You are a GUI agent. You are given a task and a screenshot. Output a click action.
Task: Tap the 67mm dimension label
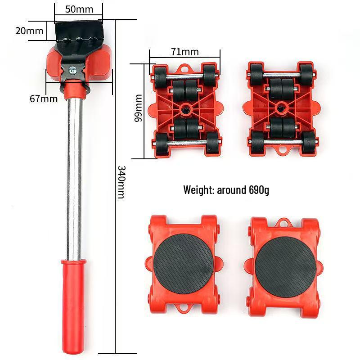(44, 99)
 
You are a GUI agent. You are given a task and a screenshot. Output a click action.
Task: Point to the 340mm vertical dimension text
(122, 182)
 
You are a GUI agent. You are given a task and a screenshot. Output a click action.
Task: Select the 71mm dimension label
(184, 51)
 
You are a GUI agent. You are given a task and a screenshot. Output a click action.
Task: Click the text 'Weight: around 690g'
(226, 189)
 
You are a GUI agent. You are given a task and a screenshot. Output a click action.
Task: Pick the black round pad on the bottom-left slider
(183, 263)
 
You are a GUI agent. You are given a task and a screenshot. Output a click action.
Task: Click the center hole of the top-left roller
(185, 109)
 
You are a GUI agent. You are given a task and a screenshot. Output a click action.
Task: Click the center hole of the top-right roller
(281, 107)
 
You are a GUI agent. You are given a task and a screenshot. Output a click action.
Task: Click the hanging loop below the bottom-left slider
(184, 308)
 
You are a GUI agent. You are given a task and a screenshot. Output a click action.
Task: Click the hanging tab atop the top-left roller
(184, 68)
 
